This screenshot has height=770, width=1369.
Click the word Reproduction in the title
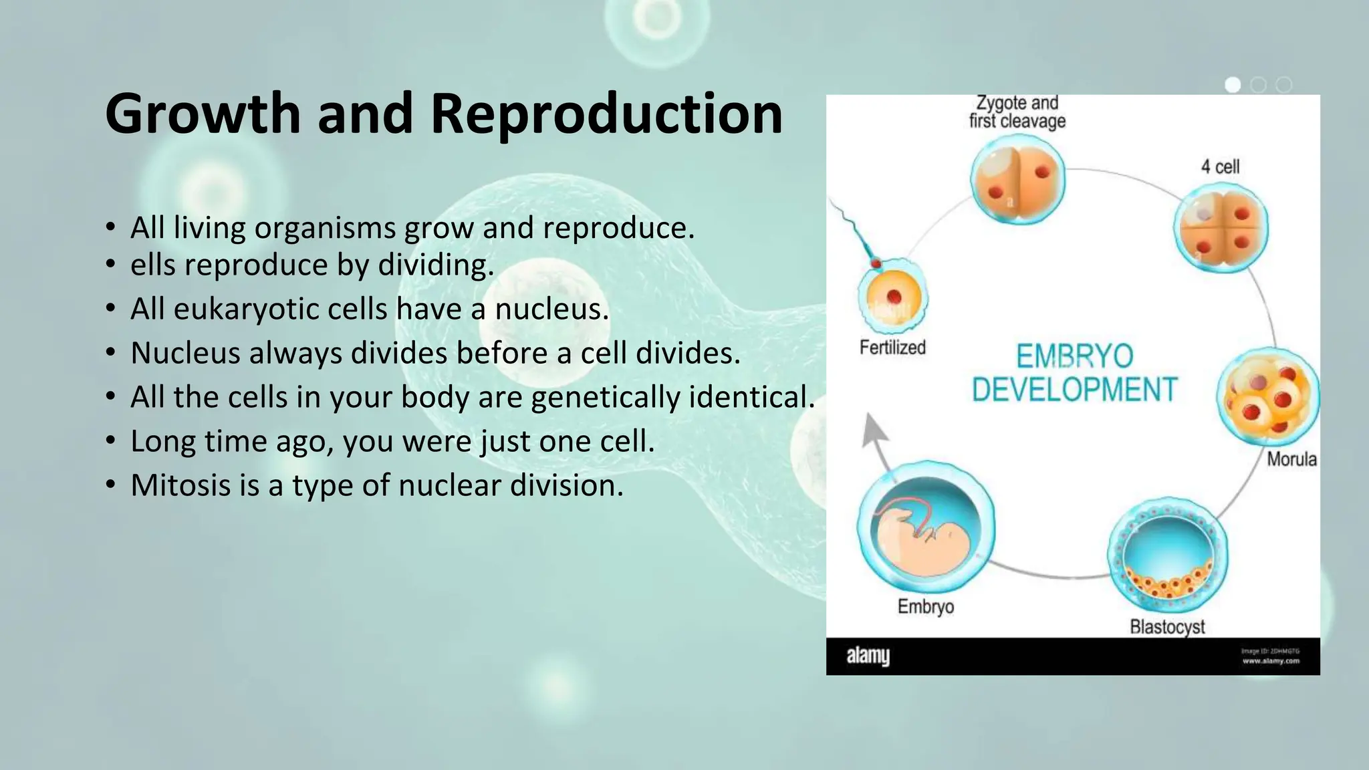tap(606, 114)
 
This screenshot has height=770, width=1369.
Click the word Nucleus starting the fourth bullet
tap(185, 353)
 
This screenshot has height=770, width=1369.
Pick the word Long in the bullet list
tap(158, 441)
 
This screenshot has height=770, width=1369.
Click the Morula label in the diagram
tap(1291, 459)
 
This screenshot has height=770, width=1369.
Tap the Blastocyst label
tap(1167, 627)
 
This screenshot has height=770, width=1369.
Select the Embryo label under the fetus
tap(925, 607)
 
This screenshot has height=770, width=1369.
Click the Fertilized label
tap(892, 348)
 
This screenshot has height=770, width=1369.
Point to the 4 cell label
tap(1220, 166)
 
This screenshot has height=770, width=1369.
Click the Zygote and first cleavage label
tap(1017, 112)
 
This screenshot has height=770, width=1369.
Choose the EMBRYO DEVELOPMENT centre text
tap(1074, 373)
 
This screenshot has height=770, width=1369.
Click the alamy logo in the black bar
tap(868, 656)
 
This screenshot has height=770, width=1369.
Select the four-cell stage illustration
tap(1221, 227)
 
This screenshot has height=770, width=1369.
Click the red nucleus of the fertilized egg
tap(894, 297)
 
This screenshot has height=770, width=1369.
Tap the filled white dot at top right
tap(1233, 85)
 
